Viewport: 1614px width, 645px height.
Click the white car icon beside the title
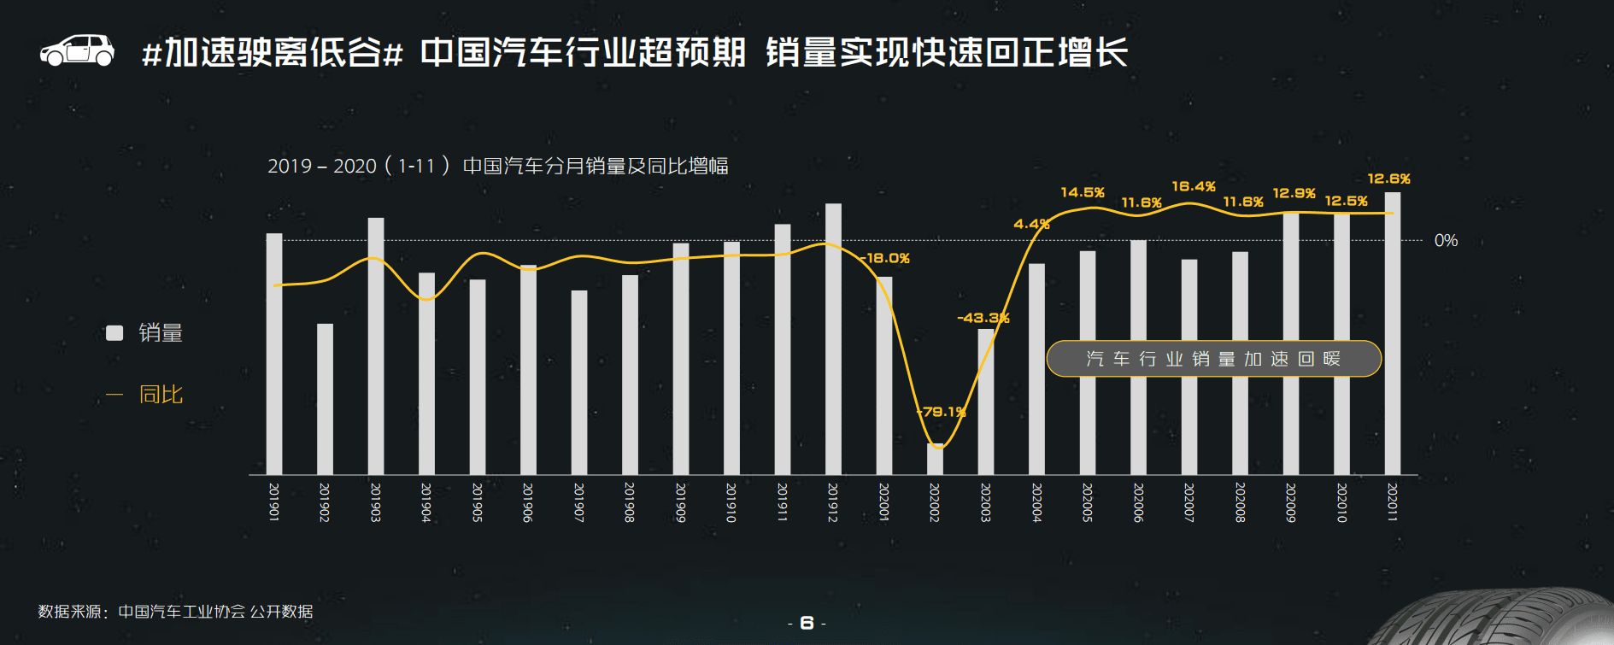pos(77,50)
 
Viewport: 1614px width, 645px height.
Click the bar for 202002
pos(935,459)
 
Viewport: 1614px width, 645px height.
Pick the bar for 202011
pos(1392,333)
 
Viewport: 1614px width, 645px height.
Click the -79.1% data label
pos(942,412)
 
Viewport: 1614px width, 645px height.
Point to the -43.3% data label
pos(983,318)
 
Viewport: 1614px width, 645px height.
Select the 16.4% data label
pos(1194,186)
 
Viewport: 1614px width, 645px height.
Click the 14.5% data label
pos(1083,192)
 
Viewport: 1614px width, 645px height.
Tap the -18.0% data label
pos(885,258)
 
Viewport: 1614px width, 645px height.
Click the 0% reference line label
pos(1446,241)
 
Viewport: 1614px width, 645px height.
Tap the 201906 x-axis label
pos(527,502)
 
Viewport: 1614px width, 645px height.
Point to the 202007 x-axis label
pos(1188,502)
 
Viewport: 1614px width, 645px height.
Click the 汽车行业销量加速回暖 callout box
pos(1213,359)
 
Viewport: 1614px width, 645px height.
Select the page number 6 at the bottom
pos(807,624)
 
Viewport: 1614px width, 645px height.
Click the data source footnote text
pos(175,612)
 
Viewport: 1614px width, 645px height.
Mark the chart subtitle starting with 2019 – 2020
pos(497,166)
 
